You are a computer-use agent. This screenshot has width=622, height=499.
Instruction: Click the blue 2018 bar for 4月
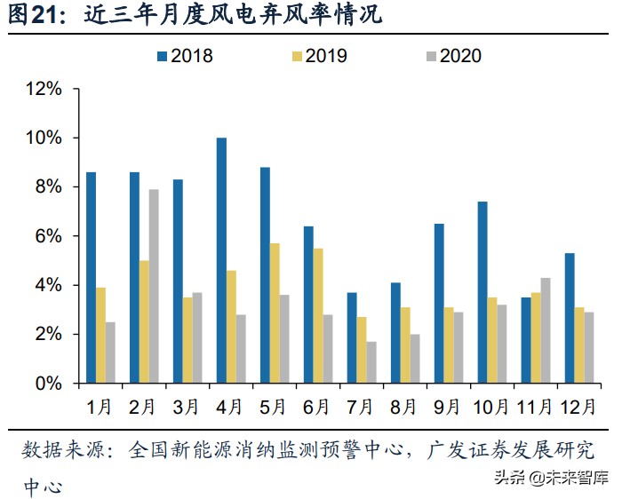(x=221, y=261)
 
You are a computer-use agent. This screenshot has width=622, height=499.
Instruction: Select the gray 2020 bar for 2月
(x=154, y=286)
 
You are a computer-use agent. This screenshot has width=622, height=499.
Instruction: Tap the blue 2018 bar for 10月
(x=482, y=292)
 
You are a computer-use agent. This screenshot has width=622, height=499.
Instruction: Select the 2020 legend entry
(x=452, y=56)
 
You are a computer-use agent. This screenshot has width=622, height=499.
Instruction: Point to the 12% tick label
(x=44, y=89)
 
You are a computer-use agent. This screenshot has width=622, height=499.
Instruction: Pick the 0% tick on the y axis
(x=48, y=384)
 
